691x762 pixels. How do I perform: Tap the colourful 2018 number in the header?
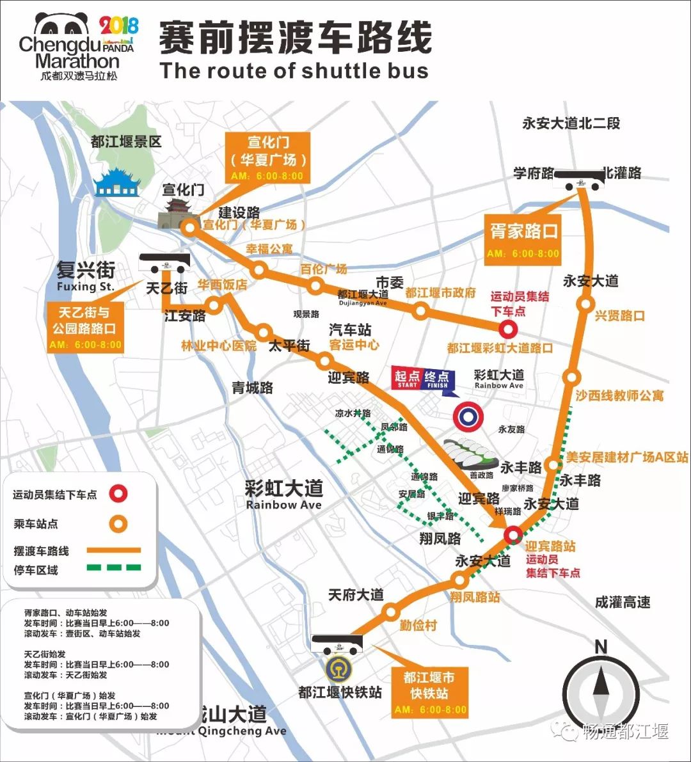[x=119, y=26]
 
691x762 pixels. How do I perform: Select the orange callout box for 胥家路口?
[x=523, y=238]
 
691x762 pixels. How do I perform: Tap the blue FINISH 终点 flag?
[x=438, y=379]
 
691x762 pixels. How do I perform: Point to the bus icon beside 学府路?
[x=579, y=180]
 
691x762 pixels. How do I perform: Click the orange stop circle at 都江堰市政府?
[x=420, y=312]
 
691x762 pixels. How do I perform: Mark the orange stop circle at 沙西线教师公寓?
[x=572, y=377]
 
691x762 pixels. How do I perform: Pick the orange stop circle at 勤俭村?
[x=391, y=612]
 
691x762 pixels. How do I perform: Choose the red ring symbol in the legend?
[x=118, y=494]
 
